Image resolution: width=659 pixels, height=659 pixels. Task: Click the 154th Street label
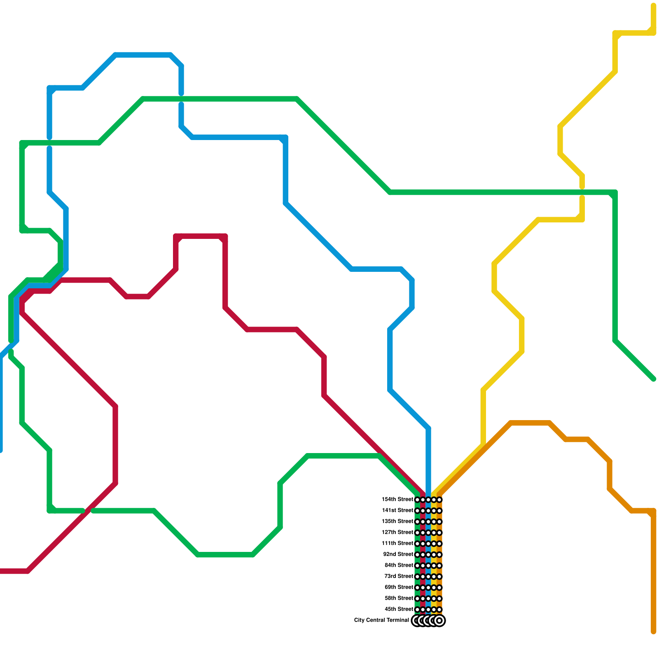pos(397,500)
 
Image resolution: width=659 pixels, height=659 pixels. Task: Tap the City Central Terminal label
pos(381,620)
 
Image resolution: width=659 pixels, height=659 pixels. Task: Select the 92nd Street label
pos(398,554)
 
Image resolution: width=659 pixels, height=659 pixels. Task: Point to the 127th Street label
pos(397,533)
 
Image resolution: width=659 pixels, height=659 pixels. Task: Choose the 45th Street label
pos(399,609)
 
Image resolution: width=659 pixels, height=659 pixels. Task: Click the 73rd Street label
pos(399,576)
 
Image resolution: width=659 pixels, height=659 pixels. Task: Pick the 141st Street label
pos(397,511)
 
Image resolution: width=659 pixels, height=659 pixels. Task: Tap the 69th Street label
pos(399,587)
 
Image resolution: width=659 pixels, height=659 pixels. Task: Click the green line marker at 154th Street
pos(417,500)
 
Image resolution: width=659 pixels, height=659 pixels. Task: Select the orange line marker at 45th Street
pos(439,610)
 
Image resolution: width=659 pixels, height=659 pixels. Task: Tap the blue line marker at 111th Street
pos(428,544)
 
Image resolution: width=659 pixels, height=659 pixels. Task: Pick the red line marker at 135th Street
pos(423,522)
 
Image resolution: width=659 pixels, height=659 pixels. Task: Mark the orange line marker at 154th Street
pos(439,500)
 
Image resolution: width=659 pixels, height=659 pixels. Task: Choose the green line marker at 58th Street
pos(417,598)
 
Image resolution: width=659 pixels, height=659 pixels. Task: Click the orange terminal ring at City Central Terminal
pos(439,620)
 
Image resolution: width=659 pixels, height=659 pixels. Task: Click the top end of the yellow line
pos(653,5)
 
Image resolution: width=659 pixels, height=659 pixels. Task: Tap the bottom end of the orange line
pos(653,631)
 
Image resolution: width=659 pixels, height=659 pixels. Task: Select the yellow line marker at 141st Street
pos(434,511)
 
